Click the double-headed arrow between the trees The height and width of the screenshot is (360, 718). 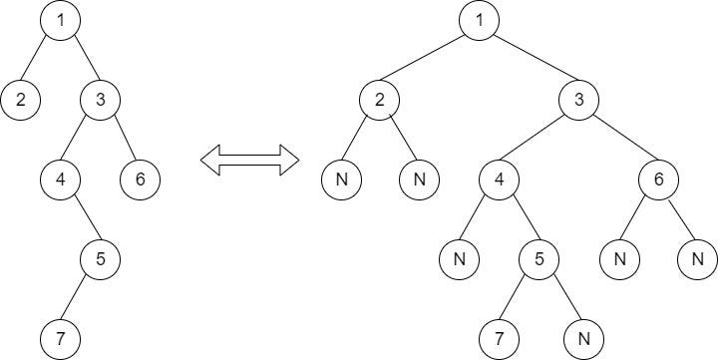point(249,160)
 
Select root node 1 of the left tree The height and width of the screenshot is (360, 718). point(60,21)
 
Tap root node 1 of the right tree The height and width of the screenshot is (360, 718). point(479,21)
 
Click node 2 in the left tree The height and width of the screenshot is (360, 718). point(20,100)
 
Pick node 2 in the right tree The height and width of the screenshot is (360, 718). point(379,100)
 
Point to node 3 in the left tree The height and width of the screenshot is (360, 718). point(100,100)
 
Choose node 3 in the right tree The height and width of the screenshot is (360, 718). point(578,100)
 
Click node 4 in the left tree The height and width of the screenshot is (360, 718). point(60,180)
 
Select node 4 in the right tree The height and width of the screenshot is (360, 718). point(499,180)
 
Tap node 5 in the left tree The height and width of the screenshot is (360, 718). point(100,259)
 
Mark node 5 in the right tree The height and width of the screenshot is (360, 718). point(538,259)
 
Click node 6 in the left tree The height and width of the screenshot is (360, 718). point(140,180)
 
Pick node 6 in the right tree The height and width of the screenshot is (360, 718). point(658,180)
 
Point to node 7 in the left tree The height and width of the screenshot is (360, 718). point(60,339)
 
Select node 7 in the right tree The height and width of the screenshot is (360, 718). point(499,339)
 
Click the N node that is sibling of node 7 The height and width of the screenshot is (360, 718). point(578,339)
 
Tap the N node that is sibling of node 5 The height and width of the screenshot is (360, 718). point(459,259)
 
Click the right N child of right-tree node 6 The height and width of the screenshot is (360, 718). point(698,259)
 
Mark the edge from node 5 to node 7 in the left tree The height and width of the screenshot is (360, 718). point(80,299)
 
